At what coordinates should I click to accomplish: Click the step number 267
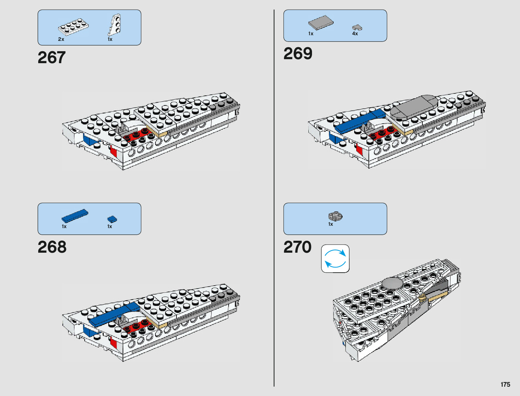(x=52, y=58)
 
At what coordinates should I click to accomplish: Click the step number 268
(x=52, y=247)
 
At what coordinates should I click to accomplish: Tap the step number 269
(x=298, y=54)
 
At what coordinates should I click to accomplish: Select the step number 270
(x=297, y=247)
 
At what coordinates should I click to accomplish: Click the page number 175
(x=505, y=384)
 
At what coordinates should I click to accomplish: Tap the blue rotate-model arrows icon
(x=335, y=259)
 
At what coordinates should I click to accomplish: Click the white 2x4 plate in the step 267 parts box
(x=73, y=27)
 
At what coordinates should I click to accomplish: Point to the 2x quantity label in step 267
(x=61, y=39)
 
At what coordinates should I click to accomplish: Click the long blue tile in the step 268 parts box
(x=75, y=216)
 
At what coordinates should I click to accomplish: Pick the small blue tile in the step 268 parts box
(x=112, y=219)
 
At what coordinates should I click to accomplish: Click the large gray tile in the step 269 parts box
(x=321, y=23)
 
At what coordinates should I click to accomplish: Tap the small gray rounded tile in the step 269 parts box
(x=357, y=28)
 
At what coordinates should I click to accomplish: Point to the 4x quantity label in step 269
(x=355, y=34)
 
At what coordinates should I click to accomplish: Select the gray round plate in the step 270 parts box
(x=336, y=216)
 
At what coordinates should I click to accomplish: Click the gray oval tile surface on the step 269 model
(x=414, y=106)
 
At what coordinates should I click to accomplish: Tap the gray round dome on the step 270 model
(x=392, y=283)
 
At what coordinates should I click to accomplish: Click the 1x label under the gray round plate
(x=331, y=224)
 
